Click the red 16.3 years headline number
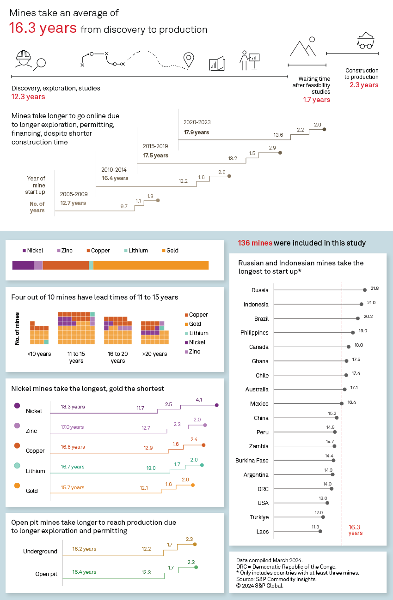(x=43, y=28)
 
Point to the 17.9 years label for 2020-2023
(x=196, y=132)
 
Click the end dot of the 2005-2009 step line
(x=158, y=200)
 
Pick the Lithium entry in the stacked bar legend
(x=135, y=251)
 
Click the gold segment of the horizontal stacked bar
(x=151, y=265)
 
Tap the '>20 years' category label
(x=154, y=354)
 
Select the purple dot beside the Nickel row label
(x=17, y=406)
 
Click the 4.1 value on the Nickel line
(x=199, y=400)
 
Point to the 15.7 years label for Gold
(x=73, y=487)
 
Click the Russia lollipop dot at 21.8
(x=365, y=290)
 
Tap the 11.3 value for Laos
(x=315, y=527)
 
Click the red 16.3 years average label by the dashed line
(x=355, y=529)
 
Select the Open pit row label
(x=46, y=574)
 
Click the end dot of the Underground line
(x=195, y=545)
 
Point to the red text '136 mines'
(x=255, y=243)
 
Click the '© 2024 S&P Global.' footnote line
(x=259, y=586)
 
